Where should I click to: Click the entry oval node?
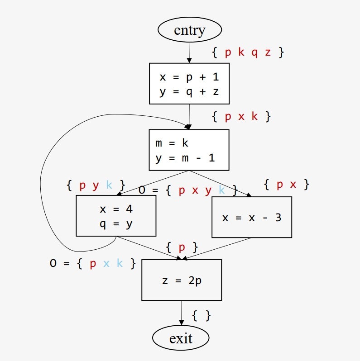189,30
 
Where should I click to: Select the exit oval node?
181,338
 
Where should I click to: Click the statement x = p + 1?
189,77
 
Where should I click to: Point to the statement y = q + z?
189,92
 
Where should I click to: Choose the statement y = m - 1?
185,158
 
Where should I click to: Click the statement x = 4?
116,209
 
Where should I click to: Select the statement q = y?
116,224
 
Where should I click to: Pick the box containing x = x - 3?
252,218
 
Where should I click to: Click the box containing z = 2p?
182,280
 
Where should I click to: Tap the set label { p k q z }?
248,52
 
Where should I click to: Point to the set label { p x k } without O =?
241,117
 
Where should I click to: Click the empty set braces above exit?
202,315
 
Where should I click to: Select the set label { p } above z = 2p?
182,247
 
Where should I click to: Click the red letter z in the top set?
268,52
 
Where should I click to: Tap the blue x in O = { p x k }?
106,264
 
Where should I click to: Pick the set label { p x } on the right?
287,185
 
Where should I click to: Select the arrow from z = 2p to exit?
181,313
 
